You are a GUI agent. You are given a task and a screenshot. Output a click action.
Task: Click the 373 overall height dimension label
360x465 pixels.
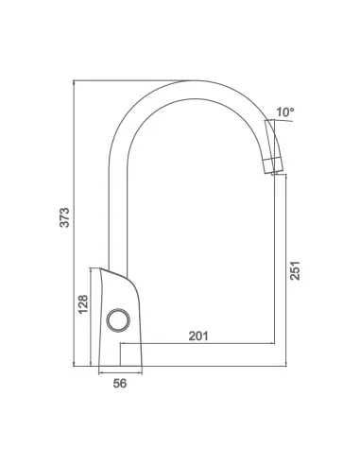click(x=64, y=217)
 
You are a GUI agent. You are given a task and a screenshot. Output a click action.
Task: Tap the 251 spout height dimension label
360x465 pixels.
click(x=295, y=270)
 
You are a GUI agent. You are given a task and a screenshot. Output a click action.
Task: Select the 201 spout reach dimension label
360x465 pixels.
click(x=198, y=336)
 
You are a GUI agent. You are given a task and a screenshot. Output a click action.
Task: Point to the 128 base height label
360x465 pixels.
click(x=83, y=304)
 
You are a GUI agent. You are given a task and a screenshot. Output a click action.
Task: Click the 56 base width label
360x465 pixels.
click(x=120, y=384)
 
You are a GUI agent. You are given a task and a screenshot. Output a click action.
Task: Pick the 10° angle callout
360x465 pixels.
click(x=285, y=112)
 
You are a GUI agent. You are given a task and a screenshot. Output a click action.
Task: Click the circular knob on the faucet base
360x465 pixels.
click(x=118, y=319)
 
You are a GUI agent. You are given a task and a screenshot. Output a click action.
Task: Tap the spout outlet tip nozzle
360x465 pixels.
click(x=273, y=165)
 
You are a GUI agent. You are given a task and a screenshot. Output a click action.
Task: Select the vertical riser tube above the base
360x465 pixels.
click(x=118, y=217)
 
